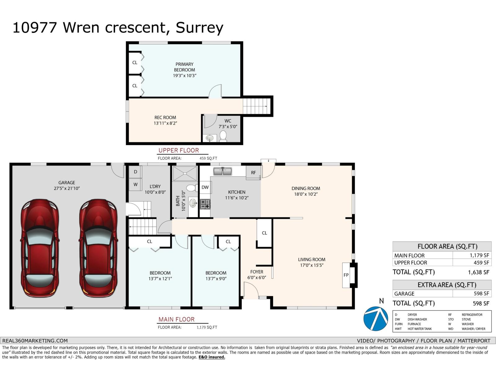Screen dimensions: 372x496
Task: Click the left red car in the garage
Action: click(40, 248)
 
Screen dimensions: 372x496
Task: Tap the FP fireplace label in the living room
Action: click(346, 275)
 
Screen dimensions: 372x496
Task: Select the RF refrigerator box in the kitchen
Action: click(254, 173)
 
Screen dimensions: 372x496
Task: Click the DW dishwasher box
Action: click(205, 187)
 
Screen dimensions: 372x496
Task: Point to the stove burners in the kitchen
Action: click(205, 204)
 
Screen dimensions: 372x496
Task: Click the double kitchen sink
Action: click(223, 171)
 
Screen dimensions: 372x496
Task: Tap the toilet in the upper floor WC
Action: click(223, 136)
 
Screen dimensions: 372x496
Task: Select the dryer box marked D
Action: click(135, 172)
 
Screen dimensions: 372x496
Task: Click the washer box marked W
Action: click(135, 184)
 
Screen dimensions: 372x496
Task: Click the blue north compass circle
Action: click(375, 318)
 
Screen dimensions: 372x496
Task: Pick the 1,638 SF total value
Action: click(478, 272)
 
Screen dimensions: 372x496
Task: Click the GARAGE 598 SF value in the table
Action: click(481, 294)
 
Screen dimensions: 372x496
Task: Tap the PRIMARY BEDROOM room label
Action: click(184, 67)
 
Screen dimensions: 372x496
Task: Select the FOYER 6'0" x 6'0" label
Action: click(257, 275)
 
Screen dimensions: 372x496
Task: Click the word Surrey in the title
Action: click(199, 28)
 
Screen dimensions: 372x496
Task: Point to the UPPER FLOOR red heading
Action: click(179, 150)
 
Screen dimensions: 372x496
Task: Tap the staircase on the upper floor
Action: click(255, 106)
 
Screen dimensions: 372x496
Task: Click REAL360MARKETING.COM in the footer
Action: click(35, 340)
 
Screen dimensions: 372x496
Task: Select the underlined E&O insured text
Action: click(212, 357)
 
